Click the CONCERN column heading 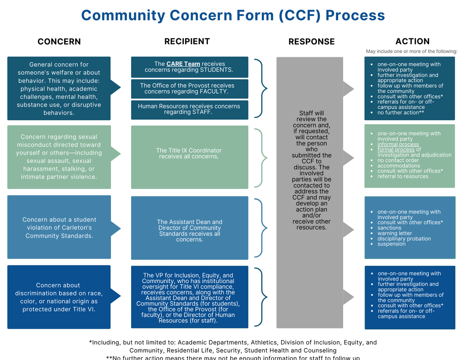coord(59,41)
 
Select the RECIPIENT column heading coord(187,41)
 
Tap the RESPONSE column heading coord(311,41)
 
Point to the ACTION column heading coord(412,41)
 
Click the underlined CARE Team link coord(183,64)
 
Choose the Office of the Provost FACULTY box coord(189,89)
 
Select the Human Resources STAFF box coord(189,109)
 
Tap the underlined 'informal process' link coord(398,144)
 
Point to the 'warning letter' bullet coord(395,233)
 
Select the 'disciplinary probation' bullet coord(404,239)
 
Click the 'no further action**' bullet coord(400,112)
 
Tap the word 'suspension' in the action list coord(391,244)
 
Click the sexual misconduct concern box coord(59,157)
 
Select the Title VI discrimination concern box coord(59,297)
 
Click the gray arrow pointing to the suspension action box coord(349,230)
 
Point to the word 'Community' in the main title coord(124,15)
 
